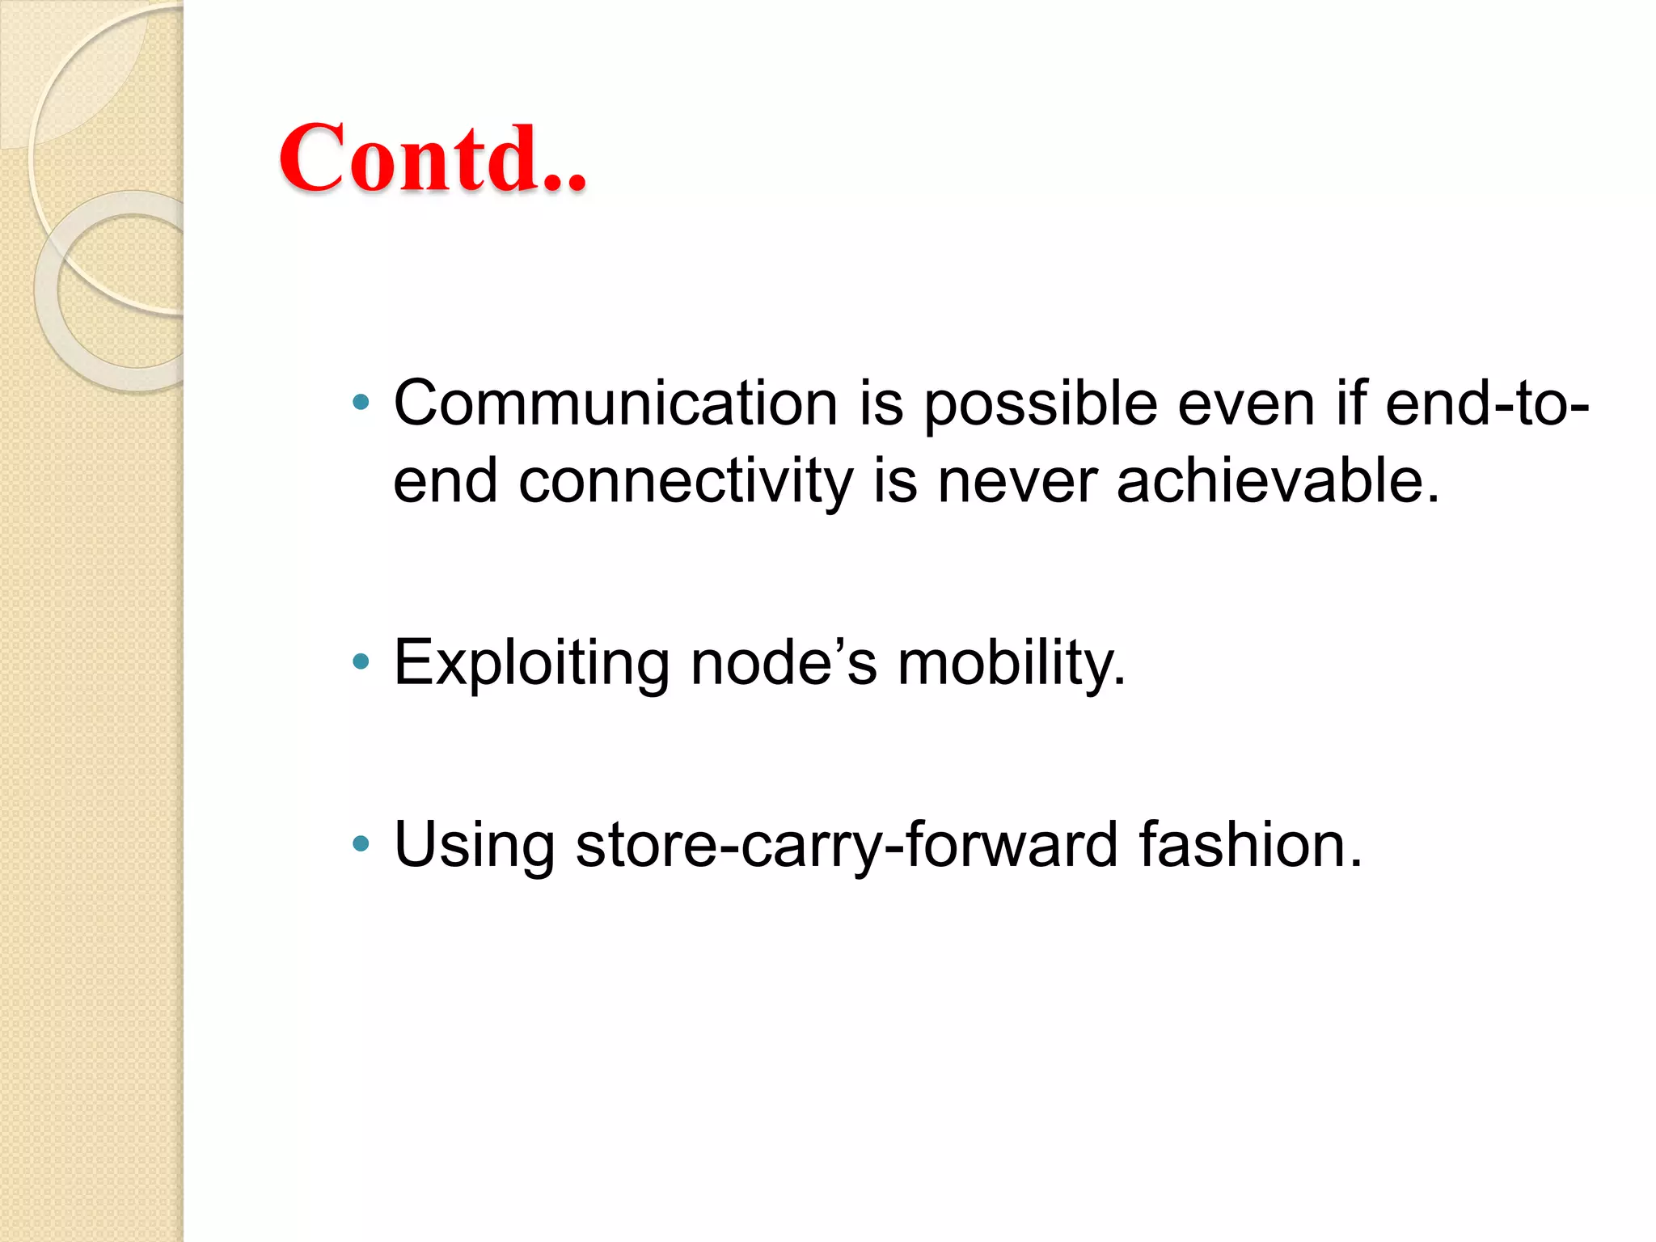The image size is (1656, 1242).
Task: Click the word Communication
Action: (x=615, y=403)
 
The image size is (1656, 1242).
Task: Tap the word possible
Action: (x=1041, y=403)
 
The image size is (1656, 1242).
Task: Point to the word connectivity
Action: (x=686, y=481)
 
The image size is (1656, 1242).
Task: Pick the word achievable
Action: (x=1278, y=481)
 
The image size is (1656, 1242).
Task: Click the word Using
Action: (x=474, y=845)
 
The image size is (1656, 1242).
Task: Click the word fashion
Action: (x=1250, y=845)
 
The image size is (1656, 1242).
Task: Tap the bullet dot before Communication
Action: (x=361, y=402)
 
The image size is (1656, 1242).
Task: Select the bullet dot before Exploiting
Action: (x=361, y=663)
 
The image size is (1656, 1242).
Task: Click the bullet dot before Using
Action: (x=361, y=845)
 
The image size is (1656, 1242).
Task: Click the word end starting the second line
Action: (x=445, y=481)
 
